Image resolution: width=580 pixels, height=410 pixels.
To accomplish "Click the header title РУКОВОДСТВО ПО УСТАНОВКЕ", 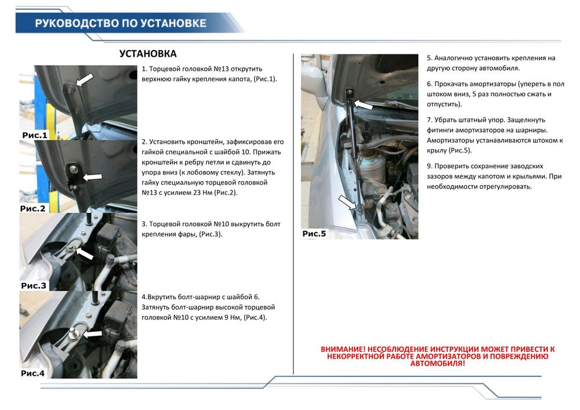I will pos(120,23).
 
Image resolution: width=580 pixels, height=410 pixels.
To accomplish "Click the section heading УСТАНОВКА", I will pos(148,54).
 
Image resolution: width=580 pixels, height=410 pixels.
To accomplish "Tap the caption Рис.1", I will pos(35,135).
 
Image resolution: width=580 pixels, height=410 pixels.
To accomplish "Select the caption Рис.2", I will pos(33,208).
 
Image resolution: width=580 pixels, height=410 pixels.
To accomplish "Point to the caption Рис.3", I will pos(34,285).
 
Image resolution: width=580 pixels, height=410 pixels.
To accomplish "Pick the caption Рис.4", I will pos(32,373).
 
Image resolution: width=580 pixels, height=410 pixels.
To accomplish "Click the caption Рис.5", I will pos(314,234).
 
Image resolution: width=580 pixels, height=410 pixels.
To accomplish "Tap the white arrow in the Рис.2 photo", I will pos(92,176).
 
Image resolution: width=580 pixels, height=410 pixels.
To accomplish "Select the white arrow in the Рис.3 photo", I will pos(85,253).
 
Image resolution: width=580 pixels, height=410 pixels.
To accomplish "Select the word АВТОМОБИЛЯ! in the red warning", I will pos(437,363).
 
